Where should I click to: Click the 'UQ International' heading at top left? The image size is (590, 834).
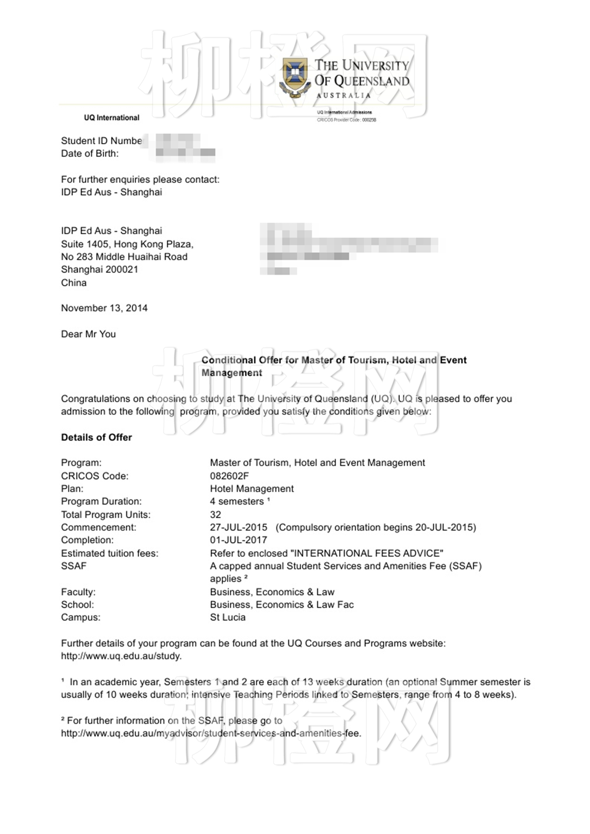click(111, 118)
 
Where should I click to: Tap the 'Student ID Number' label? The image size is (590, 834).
click(102, 141)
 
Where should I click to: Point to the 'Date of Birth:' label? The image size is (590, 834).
click(90, 153)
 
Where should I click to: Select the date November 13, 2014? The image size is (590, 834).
click(104, 308)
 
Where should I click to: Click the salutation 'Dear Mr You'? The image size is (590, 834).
click(88, 334)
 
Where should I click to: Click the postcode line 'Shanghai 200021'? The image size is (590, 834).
click(99, 269)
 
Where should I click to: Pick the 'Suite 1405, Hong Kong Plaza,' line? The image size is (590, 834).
click(127, 244)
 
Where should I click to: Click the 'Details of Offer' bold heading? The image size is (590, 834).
click(97, 437)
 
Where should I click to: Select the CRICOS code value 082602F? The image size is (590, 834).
click(229, 476)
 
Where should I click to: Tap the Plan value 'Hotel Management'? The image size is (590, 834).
click(252, 489)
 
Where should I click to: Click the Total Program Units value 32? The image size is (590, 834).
click(215, 515)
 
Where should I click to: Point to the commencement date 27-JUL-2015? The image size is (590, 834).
click(239, 527)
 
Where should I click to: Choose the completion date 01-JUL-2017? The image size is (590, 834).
click(239, 540)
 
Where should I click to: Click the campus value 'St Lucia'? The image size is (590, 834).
click(228, 617)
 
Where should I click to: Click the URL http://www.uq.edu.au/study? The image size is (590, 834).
click(121, 656)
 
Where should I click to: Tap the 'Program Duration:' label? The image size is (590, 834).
click(101, 501)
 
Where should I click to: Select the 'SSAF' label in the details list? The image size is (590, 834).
click(74, 566)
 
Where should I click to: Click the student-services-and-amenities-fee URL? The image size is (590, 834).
click(211, 733)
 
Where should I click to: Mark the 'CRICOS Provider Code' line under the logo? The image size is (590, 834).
click(346, 120)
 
